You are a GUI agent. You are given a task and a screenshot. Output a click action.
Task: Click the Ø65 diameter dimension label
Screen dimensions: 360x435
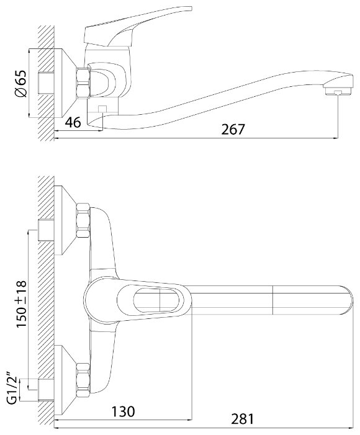click(x=21, y=84)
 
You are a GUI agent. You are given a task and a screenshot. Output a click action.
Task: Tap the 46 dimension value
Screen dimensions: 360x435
click(x=73, y=122)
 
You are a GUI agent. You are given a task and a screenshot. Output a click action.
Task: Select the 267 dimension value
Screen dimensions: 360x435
click(x=233, y=129)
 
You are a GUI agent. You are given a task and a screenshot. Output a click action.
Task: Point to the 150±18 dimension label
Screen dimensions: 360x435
click(x=21, y=303)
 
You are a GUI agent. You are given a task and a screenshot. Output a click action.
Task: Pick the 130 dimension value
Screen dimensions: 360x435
click(x=123, y=411)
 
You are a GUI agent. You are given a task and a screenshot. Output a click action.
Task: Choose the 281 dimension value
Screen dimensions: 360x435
click(x=242, y=419)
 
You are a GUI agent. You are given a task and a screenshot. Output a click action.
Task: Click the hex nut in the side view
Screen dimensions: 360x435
click(x=83, y=83)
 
